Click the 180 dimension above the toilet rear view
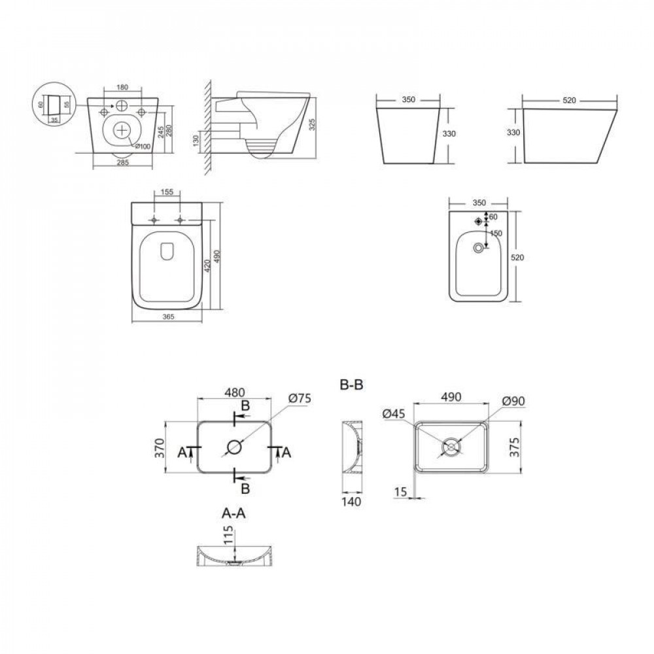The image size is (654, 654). pyautogui.click(x=122, y=88)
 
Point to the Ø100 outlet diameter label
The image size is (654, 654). pyautogui.click(x=144, y=145)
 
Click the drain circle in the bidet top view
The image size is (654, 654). pyautogui.click(x=480, y=248)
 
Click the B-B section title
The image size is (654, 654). pyautogui.click(x=352, y=385)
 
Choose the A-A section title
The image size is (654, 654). pyautogui.click(x=233, y=514)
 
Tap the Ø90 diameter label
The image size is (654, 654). pyautogui.click(x=515, y=400)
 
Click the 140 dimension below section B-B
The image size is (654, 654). pyautogui.click(x=353, y=501)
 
